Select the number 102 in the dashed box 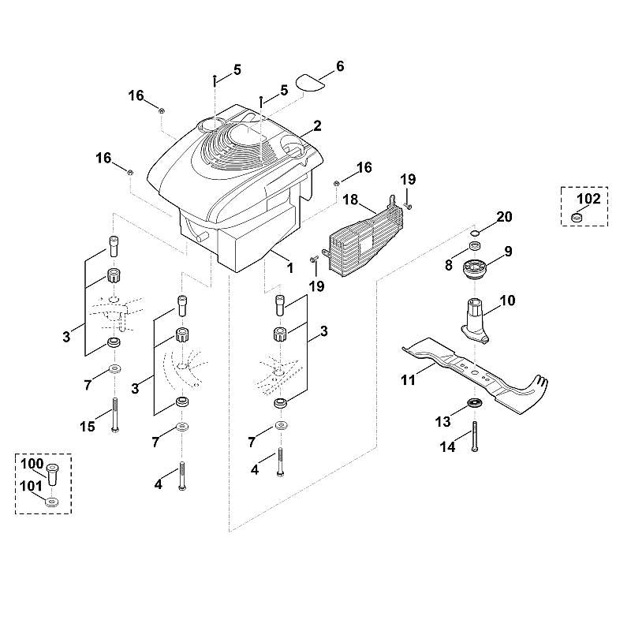point(588,199)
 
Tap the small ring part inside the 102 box point(577,218)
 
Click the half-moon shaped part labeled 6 point(311,82)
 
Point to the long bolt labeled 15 point(115,416)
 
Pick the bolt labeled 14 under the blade point(476,437)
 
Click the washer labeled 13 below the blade point(475,402)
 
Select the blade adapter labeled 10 point(475,321)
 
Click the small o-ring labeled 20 point(476,233)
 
